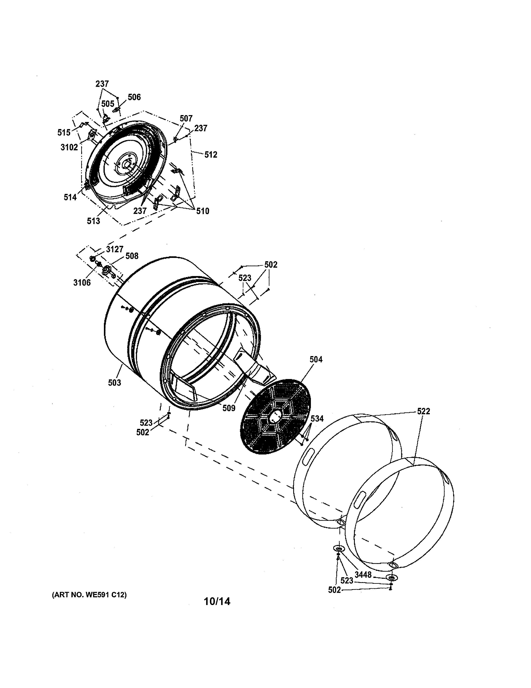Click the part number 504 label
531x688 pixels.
(316, 359)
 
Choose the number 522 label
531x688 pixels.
(423, 411)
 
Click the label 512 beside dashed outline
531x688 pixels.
(211, 155)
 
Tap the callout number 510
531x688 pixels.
(203, 211)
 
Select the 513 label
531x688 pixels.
(93, 221)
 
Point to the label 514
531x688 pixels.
(70, 197)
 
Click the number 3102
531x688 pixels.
(69, 147)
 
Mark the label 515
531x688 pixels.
(64, 133)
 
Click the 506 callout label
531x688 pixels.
(134, 97)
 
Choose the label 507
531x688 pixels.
(186, 118)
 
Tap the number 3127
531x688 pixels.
(115, 250)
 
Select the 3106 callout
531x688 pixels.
(82, 282)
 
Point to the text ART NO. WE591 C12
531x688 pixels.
(89, 595)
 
